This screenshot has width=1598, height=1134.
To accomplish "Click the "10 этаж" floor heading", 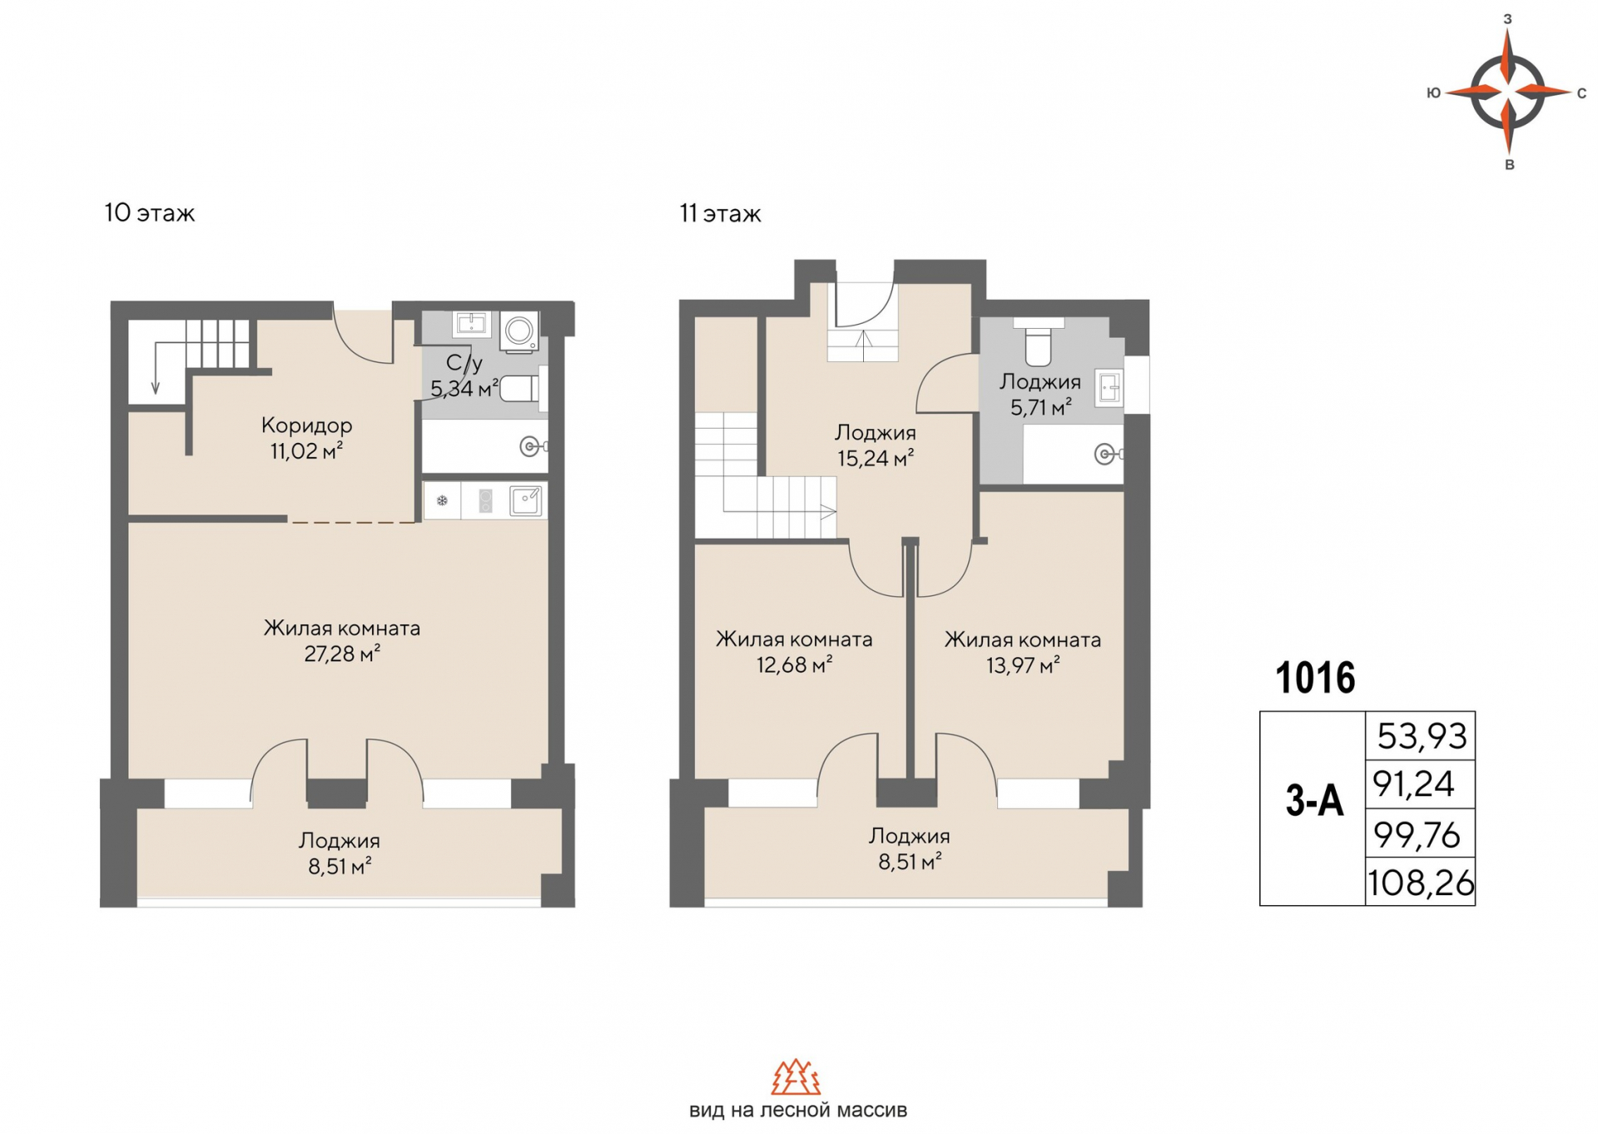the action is (x=150, y=213).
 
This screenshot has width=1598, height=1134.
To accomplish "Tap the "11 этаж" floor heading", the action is (x=720, y=214).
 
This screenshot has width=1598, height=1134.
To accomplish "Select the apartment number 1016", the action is (x=1315, y=678).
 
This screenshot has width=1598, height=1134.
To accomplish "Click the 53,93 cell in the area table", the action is (x=1421, y=736).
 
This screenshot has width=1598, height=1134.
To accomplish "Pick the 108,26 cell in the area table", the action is (x=1421, y=882).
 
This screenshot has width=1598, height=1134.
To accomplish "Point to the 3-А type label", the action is (x=1314, y=802).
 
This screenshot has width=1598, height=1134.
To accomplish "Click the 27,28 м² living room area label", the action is (x=342, y=654).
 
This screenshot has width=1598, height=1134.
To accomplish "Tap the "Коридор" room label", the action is (x=306, y=425).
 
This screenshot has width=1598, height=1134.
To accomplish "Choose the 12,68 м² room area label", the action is (x=795, y=665).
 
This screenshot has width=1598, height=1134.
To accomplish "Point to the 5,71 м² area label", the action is (x=1040, y=408).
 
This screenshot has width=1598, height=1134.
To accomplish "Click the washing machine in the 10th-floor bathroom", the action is (x=519, y=331).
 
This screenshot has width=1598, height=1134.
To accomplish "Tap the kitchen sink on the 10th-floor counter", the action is (x=526, y=500).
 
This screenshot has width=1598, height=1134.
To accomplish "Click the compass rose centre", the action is (x=1508, y=92).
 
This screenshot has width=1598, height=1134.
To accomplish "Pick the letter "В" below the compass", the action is (x=1509, y=165).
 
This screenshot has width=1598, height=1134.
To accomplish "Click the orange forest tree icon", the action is (x=797, y=1077).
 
